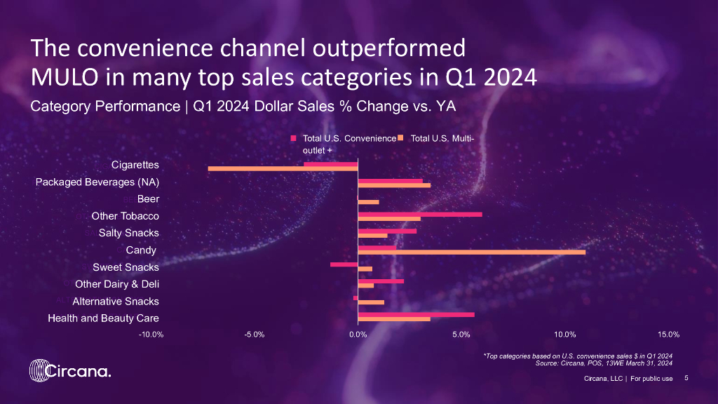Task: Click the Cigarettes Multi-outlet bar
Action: (x=283, y=168)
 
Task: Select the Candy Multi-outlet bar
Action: (x=471, y=251)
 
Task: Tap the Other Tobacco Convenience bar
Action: (x=420, y=214)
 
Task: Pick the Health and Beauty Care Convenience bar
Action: (x=416, y=314)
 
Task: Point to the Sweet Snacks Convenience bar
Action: (x=344, y=264)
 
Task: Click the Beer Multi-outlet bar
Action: (x=368, y=202)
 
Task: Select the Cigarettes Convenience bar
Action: (x=330, y=163)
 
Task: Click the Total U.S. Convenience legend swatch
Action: (x=294, y=138)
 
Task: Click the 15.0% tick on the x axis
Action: (x=668, y=334)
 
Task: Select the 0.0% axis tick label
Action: (x=358, y=334)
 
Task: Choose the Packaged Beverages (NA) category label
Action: (x=97, y=183)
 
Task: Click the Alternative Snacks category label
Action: (x=116, y=302)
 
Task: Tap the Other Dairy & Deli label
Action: (x=117, y=284)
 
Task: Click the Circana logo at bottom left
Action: (x=69, y=370)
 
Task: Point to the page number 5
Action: (x=686, y=379)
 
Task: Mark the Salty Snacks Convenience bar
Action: (x=386, y=231)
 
